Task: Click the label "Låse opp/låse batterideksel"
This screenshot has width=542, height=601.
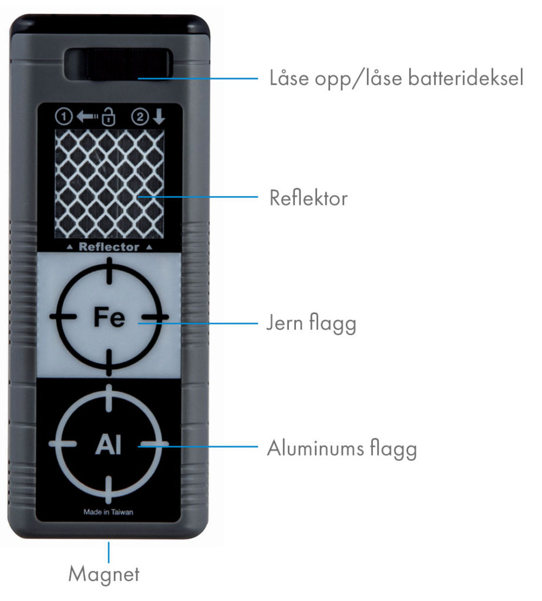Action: click(396, 78)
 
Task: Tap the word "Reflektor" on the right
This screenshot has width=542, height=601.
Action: click(308, 198)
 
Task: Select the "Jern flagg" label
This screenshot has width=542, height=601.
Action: click(311, 323)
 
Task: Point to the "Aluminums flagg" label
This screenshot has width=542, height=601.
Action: click(342, 449)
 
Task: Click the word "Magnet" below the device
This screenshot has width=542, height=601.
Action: click(104, 573)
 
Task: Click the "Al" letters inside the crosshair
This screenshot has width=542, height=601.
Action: click(109, 444)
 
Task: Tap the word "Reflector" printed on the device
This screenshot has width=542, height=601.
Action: click(109, 247)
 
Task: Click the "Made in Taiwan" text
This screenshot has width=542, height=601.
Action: click(109, 512)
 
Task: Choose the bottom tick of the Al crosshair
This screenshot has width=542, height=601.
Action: click(109, 488)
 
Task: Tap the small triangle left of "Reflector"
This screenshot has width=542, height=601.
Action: click(70, 248)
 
